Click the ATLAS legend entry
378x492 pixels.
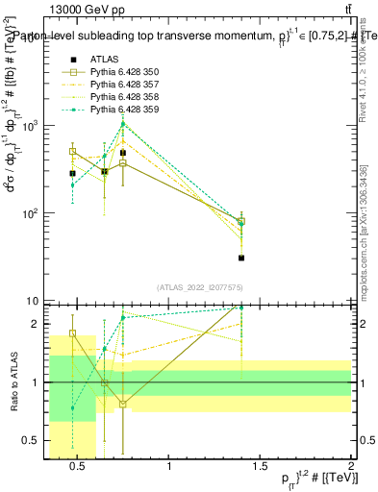pos(103,60)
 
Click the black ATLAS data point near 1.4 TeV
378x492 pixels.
pos(241,258)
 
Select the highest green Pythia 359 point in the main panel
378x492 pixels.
pos(123,123)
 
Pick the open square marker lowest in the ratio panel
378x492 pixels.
pos(123,404)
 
